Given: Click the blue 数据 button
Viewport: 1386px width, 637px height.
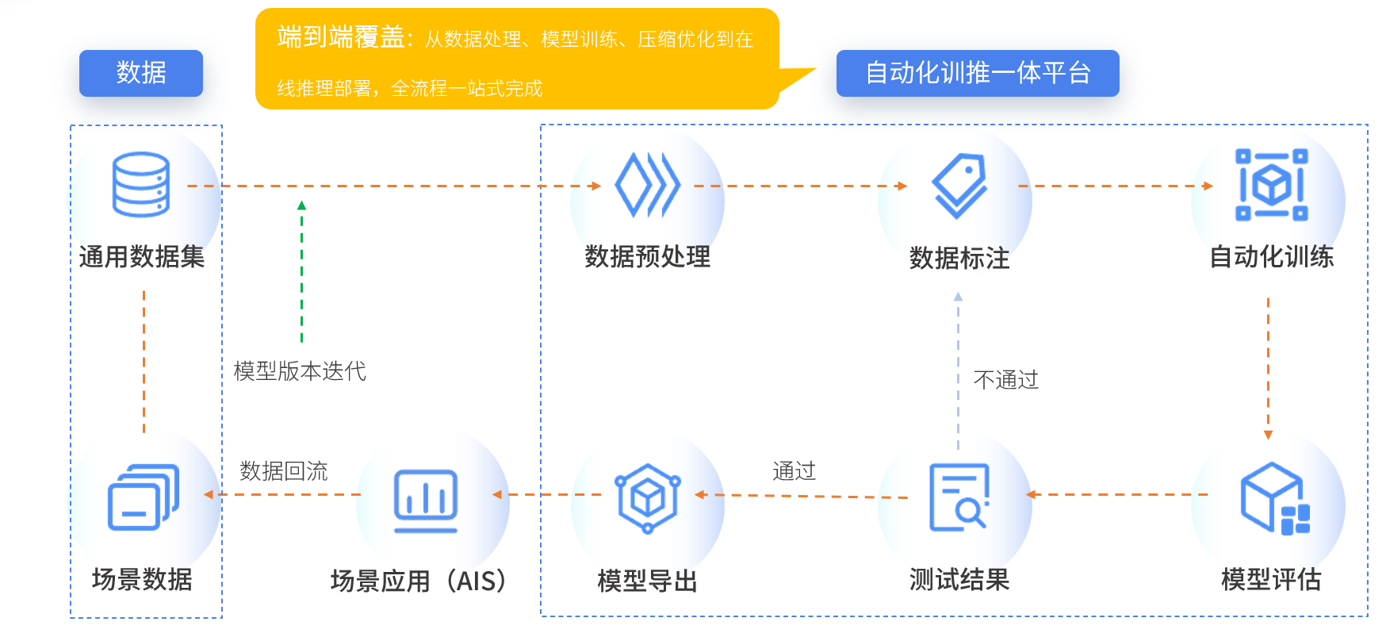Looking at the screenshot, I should pyautogui.click(x=141, y=73).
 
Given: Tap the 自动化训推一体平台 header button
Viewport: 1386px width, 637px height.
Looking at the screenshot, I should pyautogui.click(x=977, y=73).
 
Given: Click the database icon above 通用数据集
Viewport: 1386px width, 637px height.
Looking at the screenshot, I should pyautogui.click(x=141, y=184).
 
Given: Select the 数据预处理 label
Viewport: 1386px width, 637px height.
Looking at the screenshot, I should pyautogui.click(x=647, y=257).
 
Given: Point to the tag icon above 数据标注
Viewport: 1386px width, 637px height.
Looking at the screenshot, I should pyautogui.click(x=959, y=185).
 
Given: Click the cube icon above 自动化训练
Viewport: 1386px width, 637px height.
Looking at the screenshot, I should pyautogui.click(x=1271, y=184).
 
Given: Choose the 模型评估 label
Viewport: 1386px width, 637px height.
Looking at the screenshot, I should pyautogui.click(x=1271, y=580).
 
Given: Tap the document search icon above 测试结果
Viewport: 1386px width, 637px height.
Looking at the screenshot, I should pyautogui.click(x=959, y=497).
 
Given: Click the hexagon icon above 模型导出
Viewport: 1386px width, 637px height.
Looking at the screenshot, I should pyautogui.click(x=647, y=497).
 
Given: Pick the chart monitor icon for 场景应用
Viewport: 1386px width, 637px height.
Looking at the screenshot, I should pyautogui.click(x=426, y=500).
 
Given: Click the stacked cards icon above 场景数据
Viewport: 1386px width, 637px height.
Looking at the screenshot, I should pyautogui.click(x=143, y=497).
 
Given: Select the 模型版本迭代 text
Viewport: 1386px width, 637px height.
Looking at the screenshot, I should pyautogui.click(x=300, y=371).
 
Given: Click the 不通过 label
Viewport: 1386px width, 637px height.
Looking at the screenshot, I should pyautogui.click(x=1005, y=380).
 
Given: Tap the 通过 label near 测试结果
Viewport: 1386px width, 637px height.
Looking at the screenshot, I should pyautogui.click(x=794, y=471).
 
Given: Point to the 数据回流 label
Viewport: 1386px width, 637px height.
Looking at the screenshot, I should pyautogui.click(x=284, y=471).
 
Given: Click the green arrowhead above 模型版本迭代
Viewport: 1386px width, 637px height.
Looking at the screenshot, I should pyautogui.click(x=301, y=205).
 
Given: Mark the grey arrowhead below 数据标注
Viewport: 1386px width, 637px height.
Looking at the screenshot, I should pyautogui.click(x=958, y=297).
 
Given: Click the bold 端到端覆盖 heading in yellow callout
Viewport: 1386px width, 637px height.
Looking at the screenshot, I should pyautogui.click(x=341, y=37).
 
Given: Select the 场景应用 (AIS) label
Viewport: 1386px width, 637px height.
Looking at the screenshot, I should pyautogui.click(x=419, y=581).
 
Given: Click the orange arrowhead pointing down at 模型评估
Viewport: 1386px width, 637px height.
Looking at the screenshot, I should pyautogui.click(x=1268, y=435).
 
